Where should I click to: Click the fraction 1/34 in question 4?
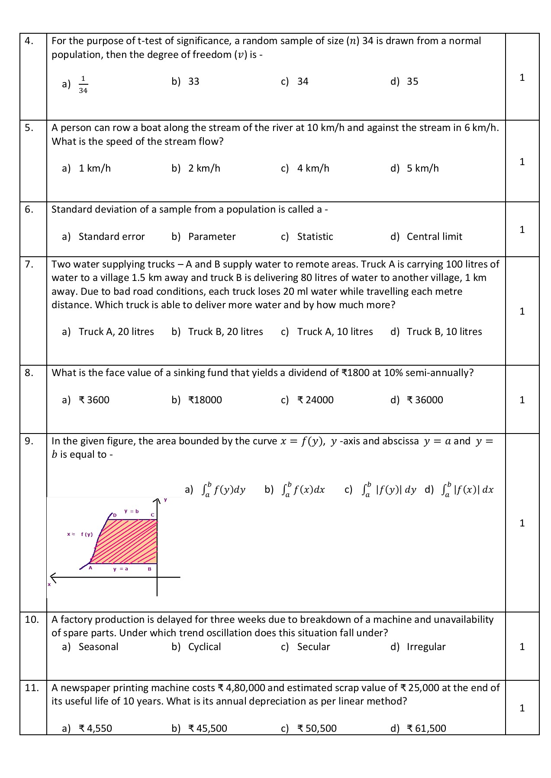(83, 84)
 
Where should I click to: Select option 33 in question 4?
(193, 82)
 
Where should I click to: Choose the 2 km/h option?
(204, 169)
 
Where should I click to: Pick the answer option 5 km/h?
(422, 169)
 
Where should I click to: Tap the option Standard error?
(112, 237)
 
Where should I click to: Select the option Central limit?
(434, 237)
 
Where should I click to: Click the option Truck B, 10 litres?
(444, 332)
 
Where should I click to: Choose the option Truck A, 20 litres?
(116, 332)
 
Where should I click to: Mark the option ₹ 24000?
(315, 400)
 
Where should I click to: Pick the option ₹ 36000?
(425, 400)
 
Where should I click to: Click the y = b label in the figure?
(132, 511)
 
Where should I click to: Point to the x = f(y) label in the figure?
(80, 535)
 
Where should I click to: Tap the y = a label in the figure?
(121, 569)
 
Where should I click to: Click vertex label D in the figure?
(115, 515)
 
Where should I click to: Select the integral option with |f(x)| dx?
(467, 490)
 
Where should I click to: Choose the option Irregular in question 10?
(426, 647)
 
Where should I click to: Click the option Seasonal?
(98, 647)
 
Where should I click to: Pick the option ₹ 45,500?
(207, 729)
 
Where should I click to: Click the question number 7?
(29, 265)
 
